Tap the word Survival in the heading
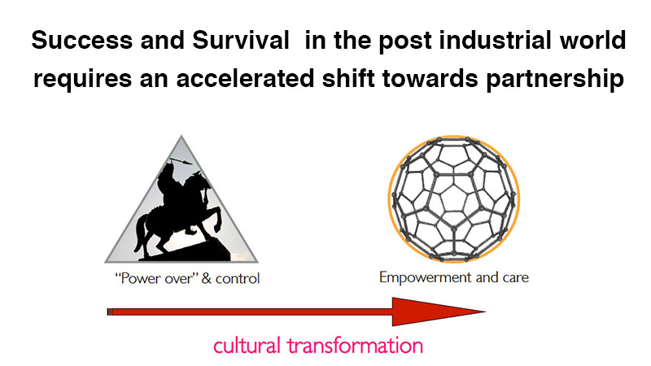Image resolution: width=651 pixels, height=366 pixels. click(x=241, y=40)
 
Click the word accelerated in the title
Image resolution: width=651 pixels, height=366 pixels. click(x=246, y=78)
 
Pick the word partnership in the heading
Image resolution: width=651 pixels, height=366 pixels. click(x=555, y=80)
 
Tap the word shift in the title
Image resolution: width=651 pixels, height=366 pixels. click(x=348, y=78)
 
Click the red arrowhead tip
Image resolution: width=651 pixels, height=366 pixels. click(x=485, y=312)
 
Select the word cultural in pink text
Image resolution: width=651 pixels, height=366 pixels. click(x=247, y=345)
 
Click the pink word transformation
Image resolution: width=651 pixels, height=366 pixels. click(x=355, y=345)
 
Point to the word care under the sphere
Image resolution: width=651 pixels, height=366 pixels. click(x=516, y=277)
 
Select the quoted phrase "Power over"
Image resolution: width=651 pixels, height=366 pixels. click(x=155, y=278)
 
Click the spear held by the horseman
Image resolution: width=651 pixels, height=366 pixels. click(x=181, y=161)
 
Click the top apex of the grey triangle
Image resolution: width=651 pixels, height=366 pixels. click(x=181, y=135)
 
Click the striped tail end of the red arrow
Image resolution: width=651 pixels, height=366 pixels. click(x=109, y=312)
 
